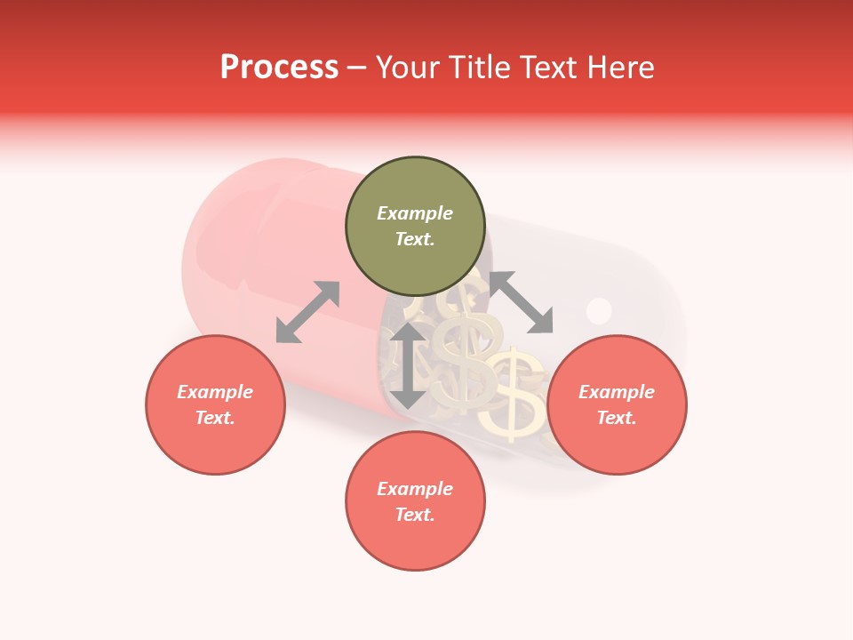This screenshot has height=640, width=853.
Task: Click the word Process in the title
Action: click(x=279, y=68)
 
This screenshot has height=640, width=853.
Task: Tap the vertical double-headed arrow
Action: click(x=408, y=365)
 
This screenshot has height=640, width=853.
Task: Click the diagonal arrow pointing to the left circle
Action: click(x=307, y=312)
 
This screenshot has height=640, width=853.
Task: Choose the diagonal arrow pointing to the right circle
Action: click(x=521, y=302)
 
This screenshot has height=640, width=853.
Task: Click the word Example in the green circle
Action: click(x=415, y=213)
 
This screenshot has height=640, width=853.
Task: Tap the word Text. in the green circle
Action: click(x=415, y=239)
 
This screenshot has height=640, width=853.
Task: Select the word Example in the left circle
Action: click(x=215, y=392)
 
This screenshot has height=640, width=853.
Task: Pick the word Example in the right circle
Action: click(x=617, y=392)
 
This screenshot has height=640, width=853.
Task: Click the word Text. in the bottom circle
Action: click(x=415, y=515)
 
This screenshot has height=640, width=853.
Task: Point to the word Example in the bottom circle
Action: click(x=415, y=489)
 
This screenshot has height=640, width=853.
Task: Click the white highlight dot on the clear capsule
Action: click(x=600, y=310)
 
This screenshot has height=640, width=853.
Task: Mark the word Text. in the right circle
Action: click(x=617, y=418)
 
